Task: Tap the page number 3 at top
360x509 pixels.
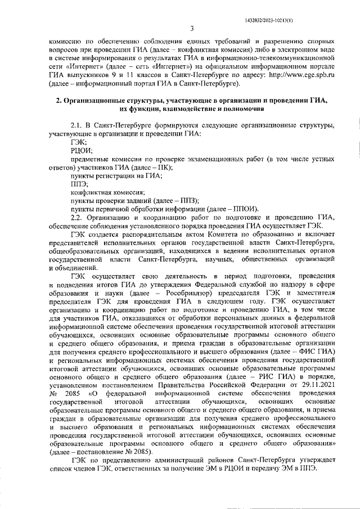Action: pos(191,29)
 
